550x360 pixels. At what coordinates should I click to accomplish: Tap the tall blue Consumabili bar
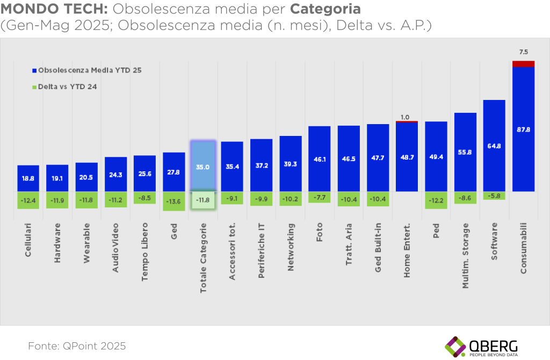click(x=523, y=129)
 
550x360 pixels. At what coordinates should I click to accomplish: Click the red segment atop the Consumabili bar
click(x=523, y=64)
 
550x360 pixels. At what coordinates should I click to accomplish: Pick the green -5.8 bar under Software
click(x=494, y=196)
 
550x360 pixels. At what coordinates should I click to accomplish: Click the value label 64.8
click(x=494, y=146)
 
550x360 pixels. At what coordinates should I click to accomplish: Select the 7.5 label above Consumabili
click(x=523, y=52)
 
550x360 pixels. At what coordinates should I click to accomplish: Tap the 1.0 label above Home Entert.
click(x=406, y=117)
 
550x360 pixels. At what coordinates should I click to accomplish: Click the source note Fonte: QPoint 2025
click(x=77, y=345)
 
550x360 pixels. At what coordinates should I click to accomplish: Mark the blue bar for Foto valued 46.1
click(x=320, y=159)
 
